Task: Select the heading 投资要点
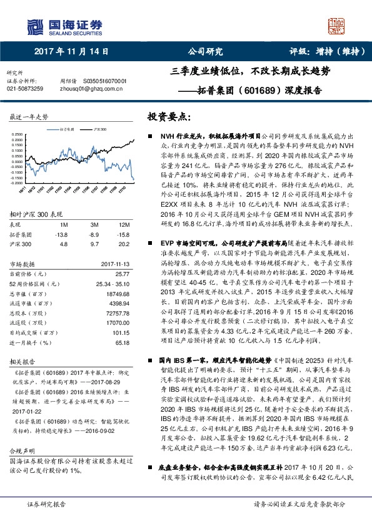pos(169,117)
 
